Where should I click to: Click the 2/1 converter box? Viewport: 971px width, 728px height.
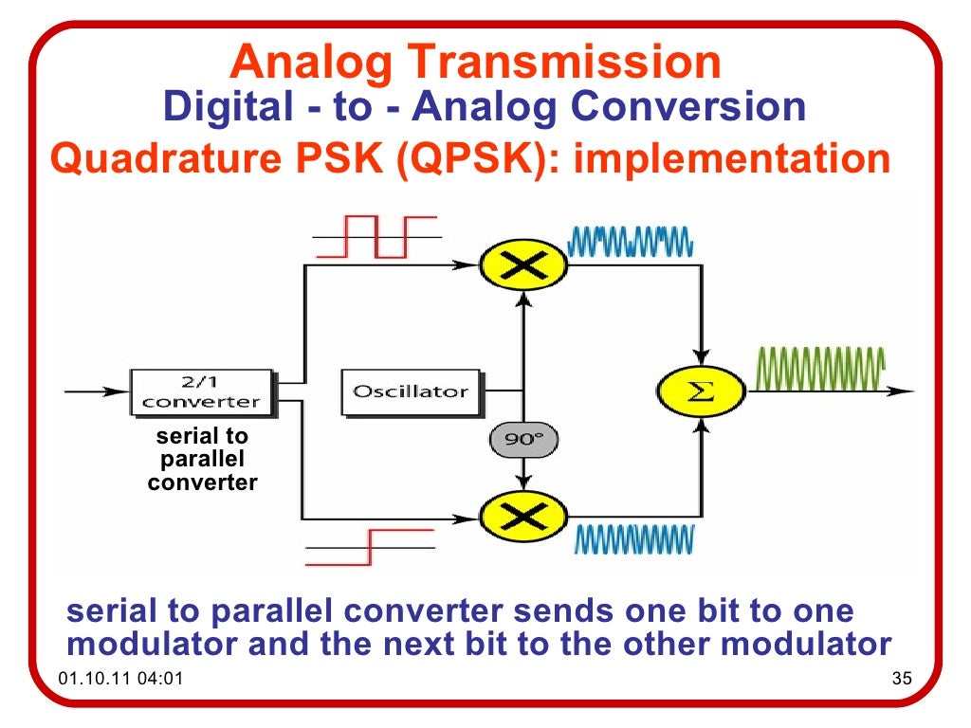[x=201, y=391]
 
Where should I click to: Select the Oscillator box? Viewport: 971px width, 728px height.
[x=411, y=391]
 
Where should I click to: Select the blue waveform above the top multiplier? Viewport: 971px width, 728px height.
[x=631, y=242]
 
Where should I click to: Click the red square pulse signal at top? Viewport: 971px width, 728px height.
[x=376, y=236]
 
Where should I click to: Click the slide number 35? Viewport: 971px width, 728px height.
[x=901, y=680]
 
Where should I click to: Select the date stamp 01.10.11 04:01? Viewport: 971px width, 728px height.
[x=120, y=680]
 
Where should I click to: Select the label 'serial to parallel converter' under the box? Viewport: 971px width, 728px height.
[x=202, y=460]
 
